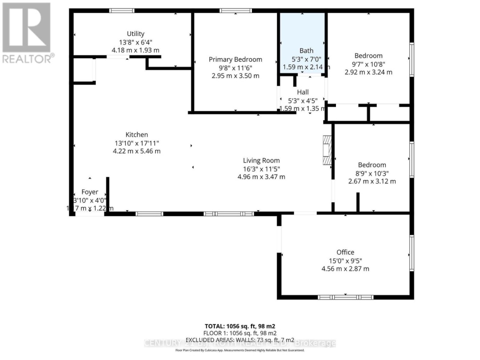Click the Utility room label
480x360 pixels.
point(136,34)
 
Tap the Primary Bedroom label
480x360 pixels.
point(236,60)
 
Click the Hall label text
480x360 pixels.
point(303,92)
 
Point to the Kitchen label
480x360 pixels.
point(136,135)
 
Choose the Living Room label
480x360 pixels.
point(261,160)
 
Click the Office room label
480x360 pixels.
point(345,252)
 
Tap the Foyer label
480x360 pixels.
point(90,192)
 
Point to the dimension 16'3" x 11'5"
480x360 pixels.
point(261,168)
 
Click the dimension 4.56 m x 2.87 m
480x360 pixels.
point(345,268)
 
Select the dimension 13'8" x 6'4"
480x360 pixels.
point(136,42)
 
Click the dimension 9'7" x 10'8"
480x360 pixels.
point(368,64)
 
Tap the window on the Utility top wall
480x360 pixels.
point(122,10)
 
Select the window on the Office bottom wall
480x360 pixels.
point(345,296)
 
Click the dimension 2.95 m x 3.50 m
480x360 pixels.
point(236,76)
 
